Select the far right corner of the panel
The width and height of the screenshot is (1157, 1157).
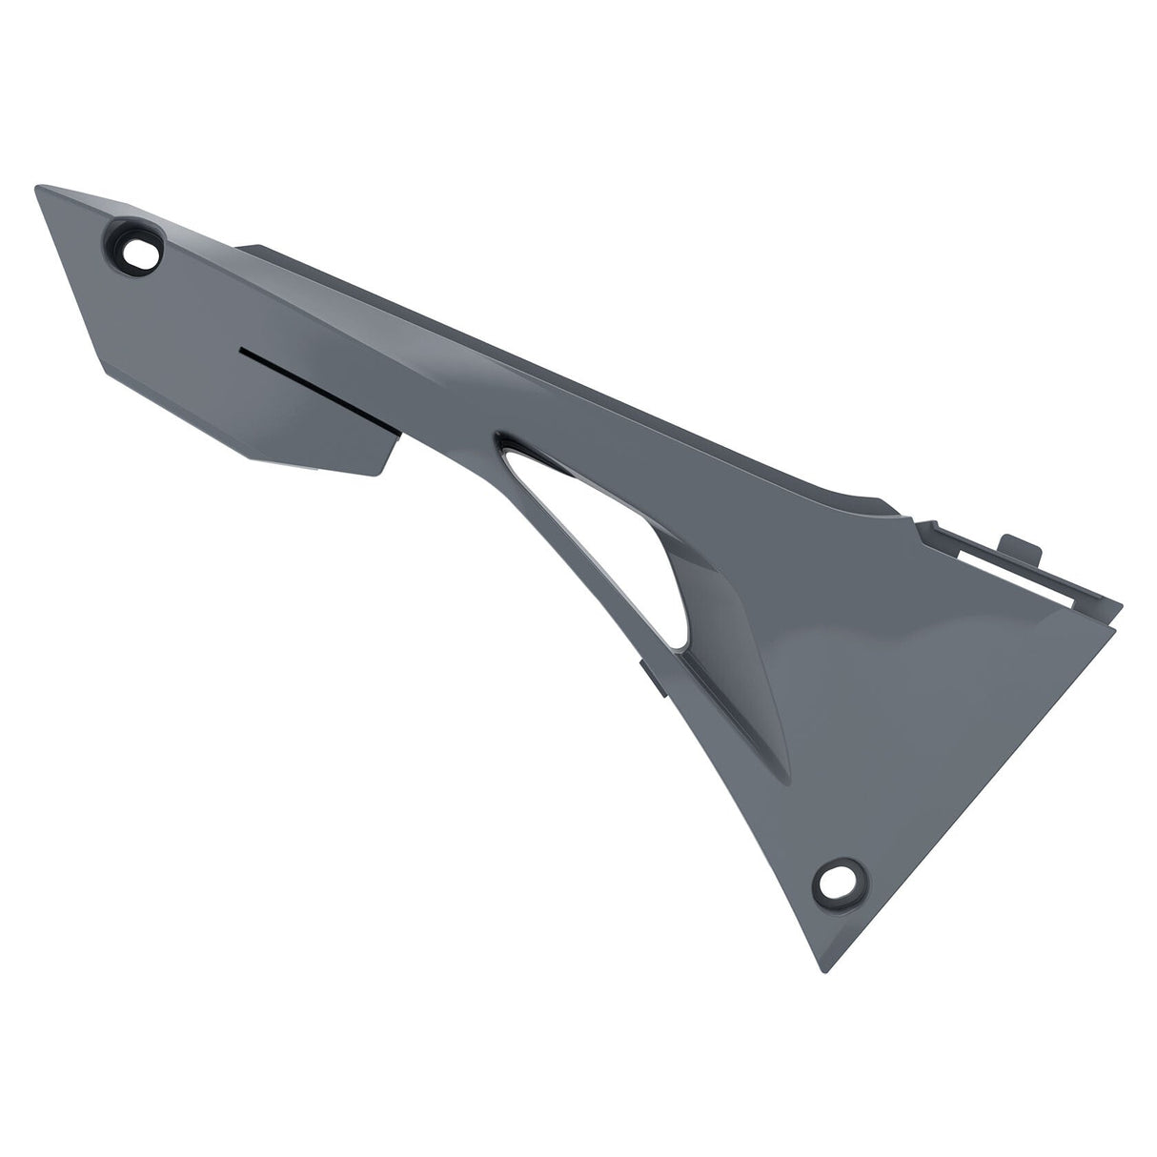tap(1123, 601)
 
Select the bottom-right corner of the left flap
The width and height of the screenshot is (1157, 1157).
tap(381, 474)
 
